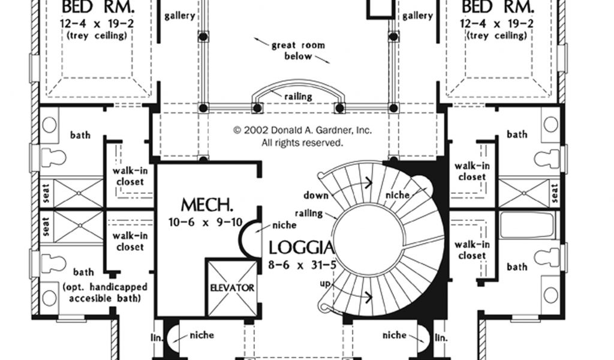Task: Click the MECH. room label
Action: coord(207,205)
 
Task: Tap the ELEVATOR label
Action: coord(232,288)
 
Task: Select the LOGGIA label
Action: coord(302,248)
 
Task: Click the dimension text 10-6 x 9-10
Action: coord(206,223)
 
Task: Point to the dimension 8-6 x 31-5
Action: coord(302,265)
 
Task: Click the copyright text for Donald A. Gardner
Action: coord(302,136)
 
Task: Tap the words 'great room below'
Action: coord(299,50)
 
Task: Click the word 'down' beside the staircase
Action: coord(315,195)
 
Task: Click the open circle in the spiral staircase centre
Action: coord(369,239)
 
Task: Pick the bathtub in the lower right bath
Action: coord(527,225)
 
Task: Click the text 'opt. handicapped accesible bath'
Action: coord(105,293)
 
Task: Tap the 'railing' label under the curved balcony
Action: coord(299,97)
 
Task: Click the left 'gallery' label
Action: coord(180,16)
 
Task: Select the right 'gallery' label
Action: coord(418,16)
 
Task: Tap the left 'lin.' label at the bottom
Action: coord(157,337)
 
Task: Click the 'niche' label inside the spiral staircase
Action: coord(398,195)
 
